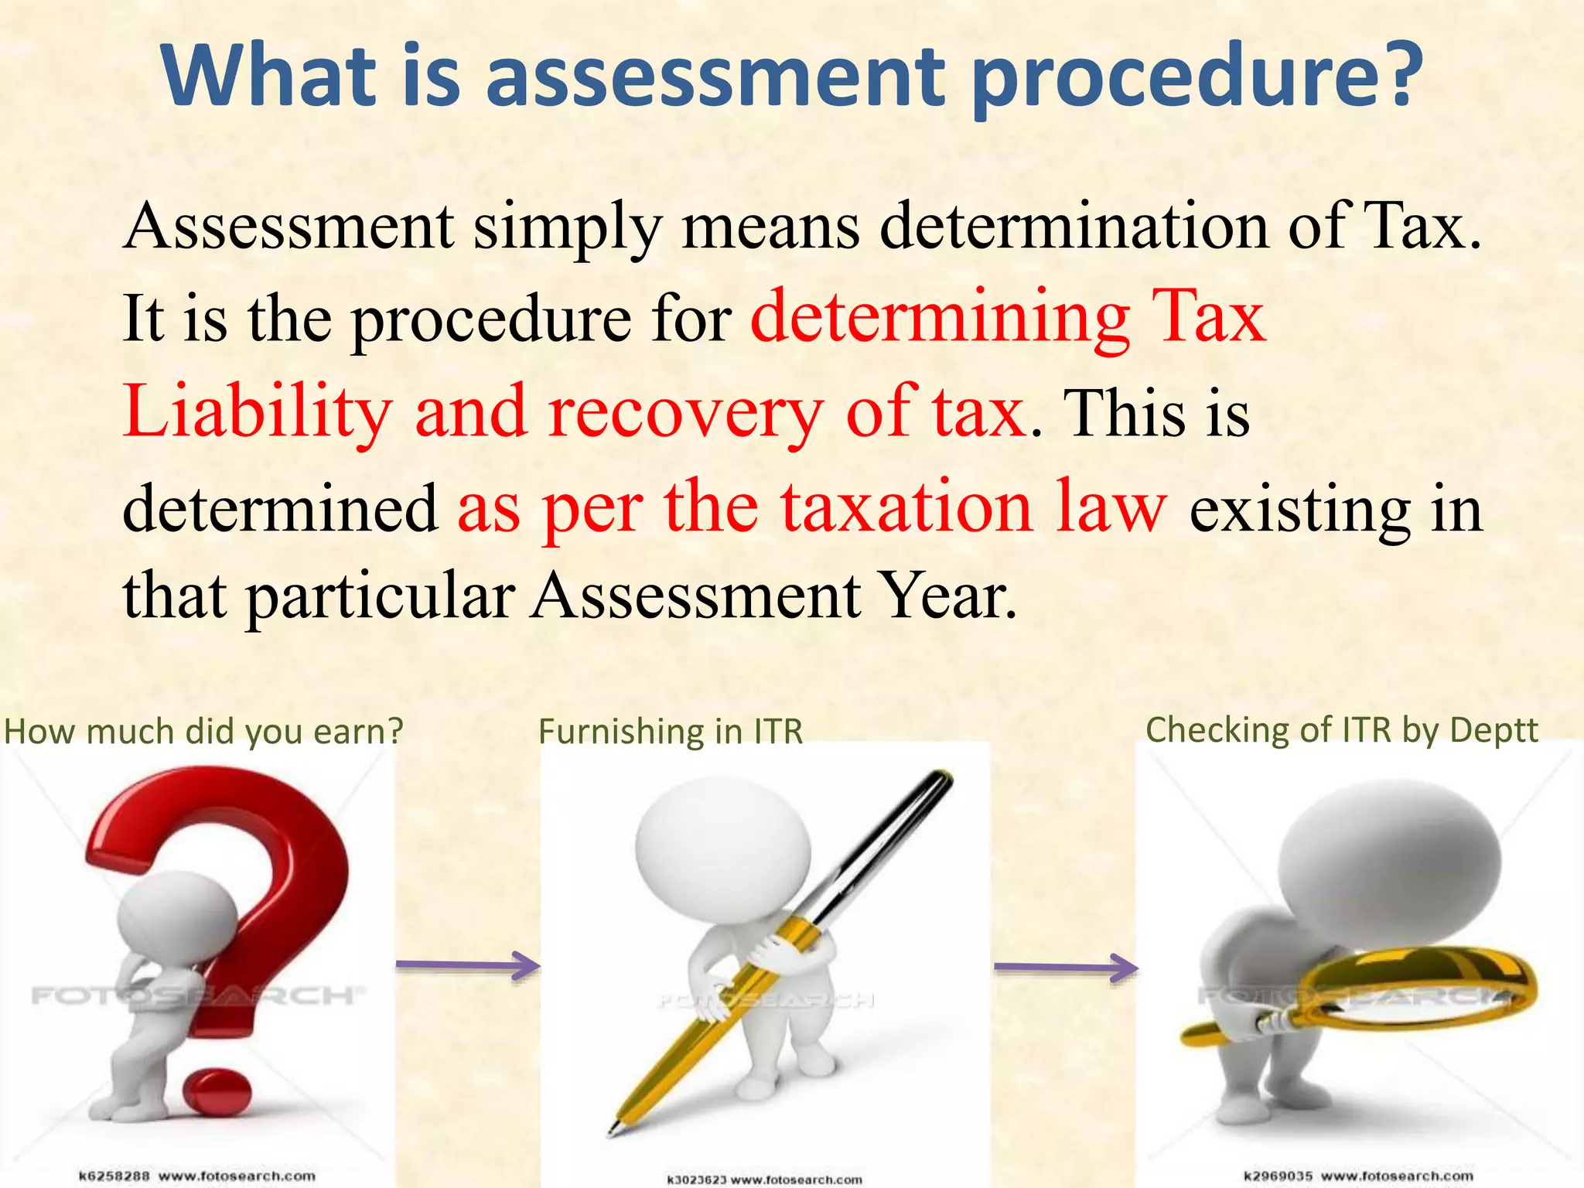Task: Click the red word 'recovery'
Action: click(685, 411)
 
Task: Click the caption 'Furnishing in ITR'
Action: click(671, 731)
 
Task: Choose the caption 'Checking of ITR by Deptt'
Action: click(1342, 729)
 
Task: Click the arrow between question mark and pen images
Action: click(468, 965)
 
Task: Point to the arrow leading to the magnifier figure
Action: click(1066, 967)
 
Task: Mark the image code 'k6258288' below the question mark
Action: click(114, 1176)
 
